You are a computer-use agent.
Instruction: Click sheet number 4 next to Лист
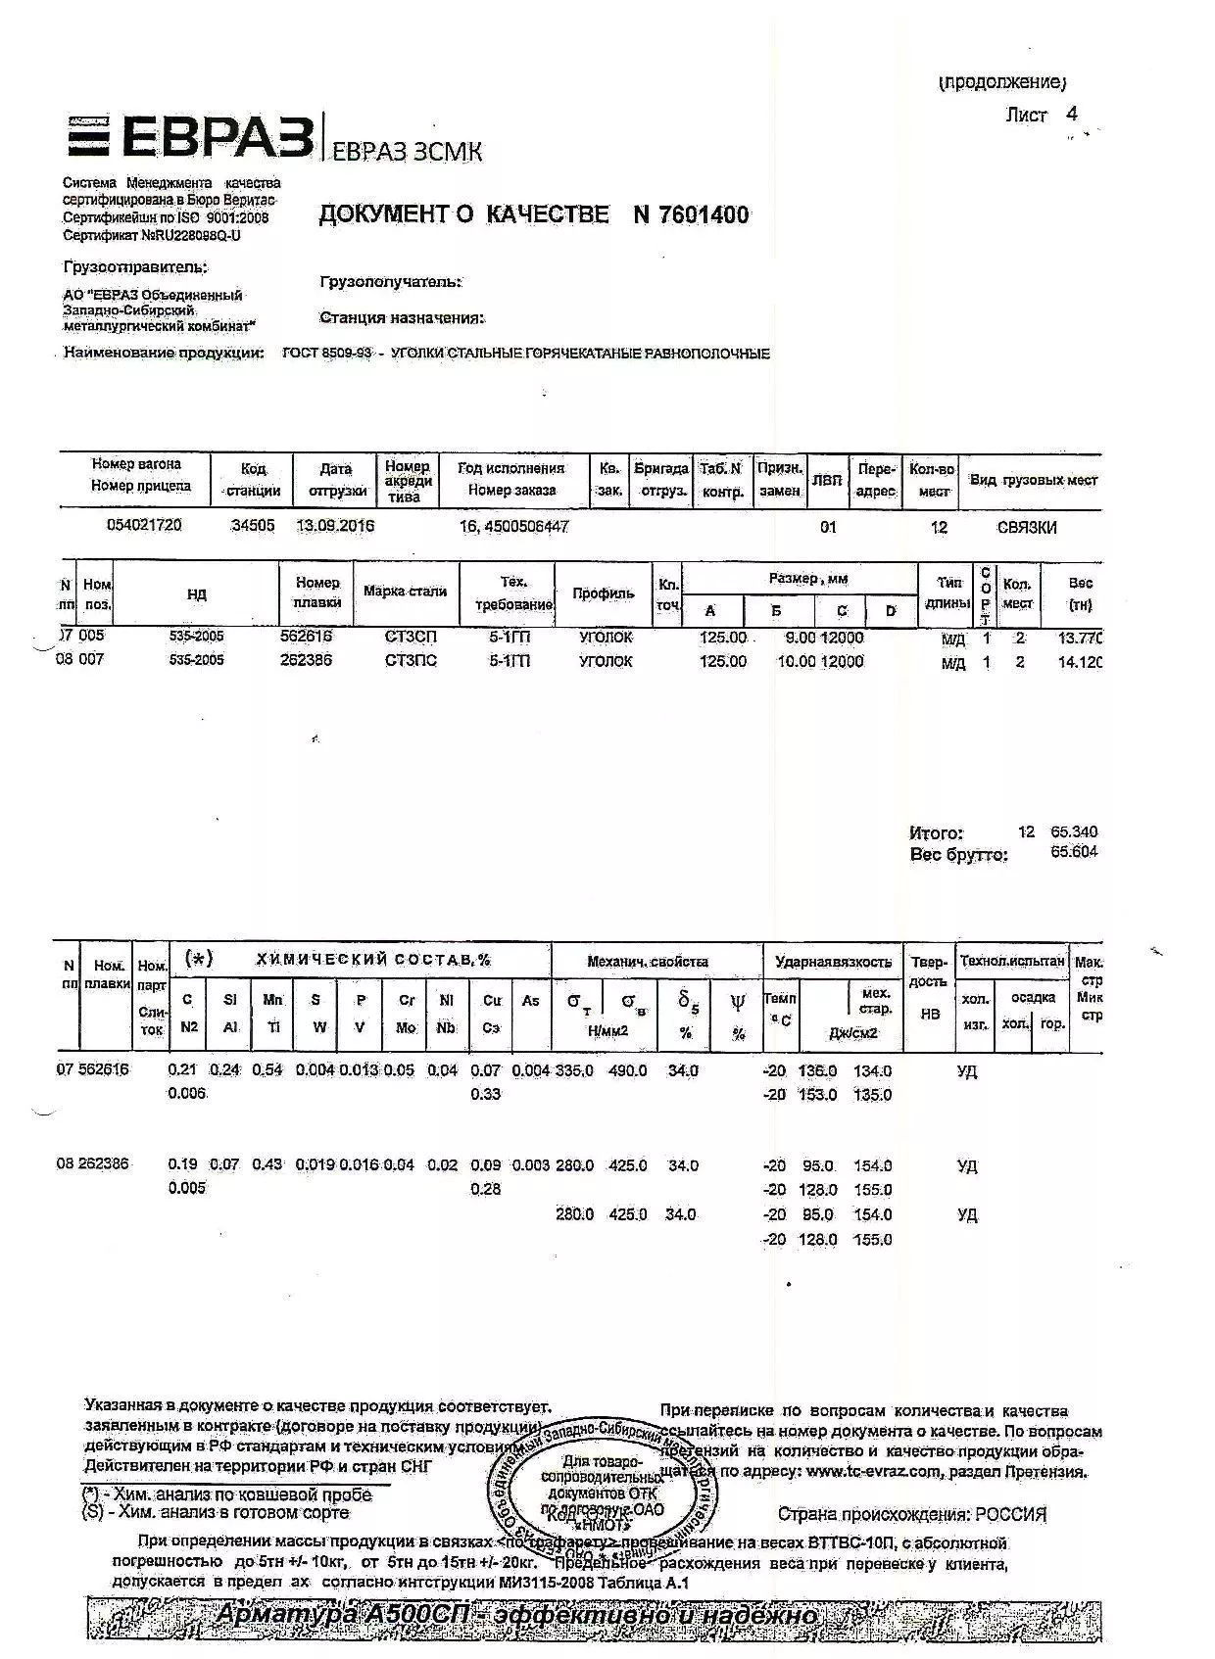pos(1072,114)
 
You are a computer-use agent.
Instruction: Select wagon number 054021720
pos(144,525)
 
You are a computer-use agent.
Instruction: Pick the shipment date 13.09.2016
pos(335,526)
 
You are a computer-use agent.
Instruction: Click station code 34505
pos(253,526)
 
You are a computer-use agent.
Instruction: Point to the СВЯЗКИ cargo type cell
pos(1027,528)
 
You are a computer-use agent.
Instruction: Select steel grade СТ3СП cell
pos(411,638)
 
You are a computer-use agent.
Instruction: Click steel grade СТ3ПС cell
pos(411,661)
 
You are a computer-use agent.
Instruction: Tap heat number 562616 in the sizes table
pos(307,637)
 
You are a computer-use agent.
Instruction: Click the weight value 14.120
pos(1079,662)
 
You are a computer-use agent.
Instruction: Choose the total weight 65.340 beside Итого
pos(1074,831)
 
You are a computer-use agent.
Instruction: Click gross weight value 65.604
pos(1074,852)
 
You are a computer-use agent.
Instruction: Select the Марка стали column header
pos(405,592)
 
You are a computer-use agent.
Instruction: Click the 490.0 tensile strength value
pos(628,1070)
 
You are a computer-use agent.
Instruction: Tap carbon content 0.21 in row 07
pos(183,1070)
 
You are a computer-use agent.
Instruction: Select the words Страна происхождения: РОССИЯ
pos(911,1514)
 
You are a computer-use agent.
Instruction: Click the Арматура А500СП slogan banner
pos(516,1615)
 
